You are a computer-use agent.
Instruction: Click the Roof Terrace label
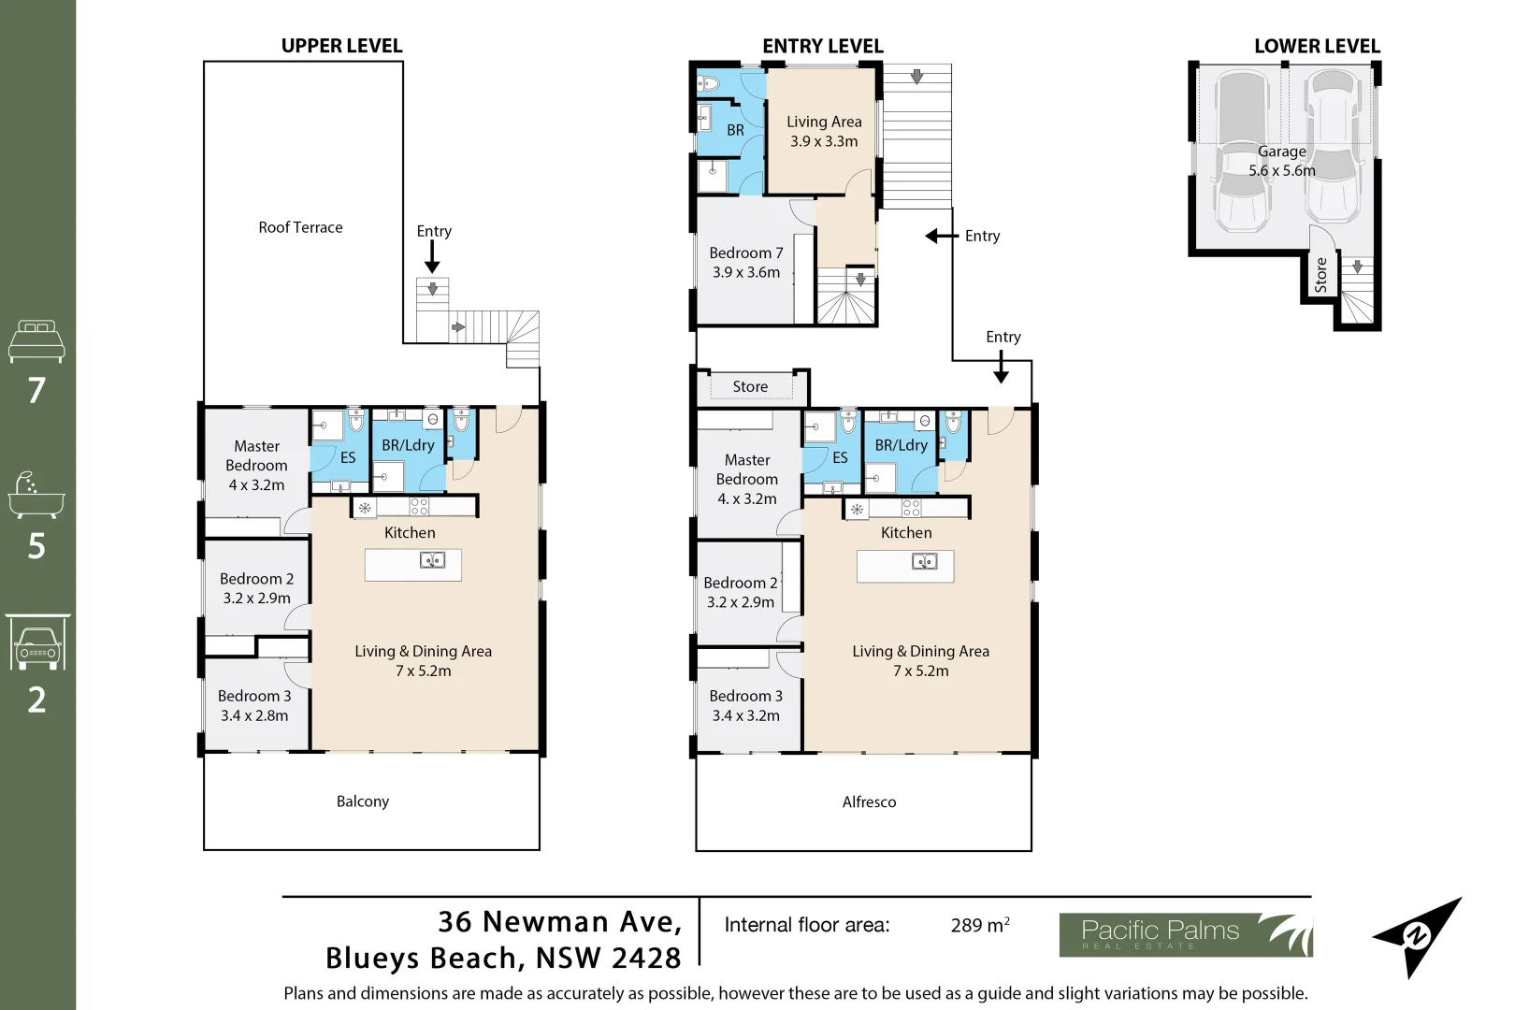click(300, 227)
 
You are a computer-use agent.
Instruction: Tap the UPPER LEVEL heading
click(341, 46)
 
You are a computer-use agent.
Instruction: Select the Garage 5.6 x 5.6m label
click(1281, 161)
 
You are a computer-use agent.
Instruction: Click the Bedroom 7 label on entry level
click(745, 263)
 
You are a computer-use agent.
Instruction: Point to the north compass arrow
click(1418, 936)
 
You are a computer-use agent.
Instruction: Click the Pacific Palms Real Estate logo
click(1185, 934)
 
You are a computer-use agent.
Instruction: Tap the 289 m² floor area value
click(979, 926)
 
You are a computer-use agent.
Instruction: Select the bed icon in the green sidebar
click(36, 341)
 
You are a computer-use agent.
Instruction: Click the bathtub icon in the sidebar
click(36, 495)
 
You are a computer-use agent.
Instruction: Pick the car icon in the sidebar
click(37, 645)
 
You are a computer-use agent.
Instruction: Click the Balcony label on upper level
click(363, 801)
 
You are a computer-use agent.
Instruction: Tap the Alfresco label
click(869, 802)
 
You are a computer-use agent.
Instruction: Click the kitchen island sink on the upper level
click(432, 561)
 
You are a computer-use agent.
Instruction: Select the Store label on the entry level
click(750, 387)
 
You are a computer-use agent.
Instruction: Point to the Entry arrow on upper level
click(432, 254)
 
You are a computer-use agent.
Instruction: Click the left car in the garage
click(1242, 154)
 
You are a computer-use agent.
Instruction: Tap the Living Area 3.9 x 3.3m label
click(823, 132)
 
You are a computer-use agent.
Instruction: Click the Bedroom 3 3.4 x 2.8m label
click(254, 706)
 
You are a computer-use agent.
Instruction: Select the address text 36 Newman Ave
click(559, 922)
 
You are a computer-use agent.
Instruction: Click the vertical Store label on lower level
click(1320, 275)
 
